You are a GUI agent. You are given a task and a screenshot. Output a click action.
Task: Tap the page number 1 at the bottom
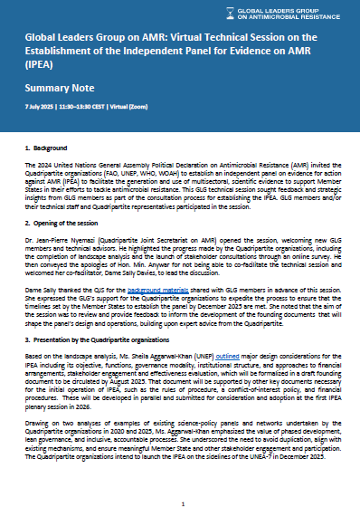[x=181, y=502]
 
